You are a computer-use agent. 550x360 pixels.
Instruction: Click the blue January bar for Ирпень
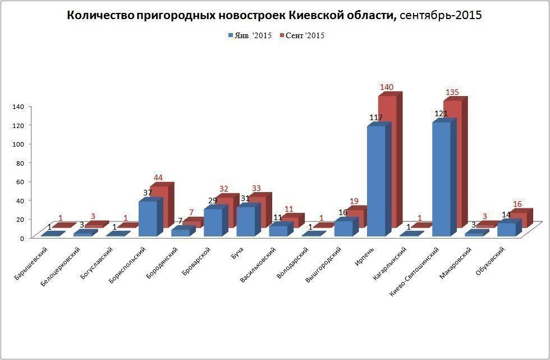pos(375,180)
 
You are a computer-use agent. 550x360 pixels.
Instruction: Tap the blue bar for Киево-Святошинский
pos(441,179)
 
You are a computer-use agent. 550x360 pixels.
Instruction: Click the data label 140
pos(386,87)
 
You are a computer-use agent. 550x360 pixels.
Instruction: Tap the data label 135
pos(452,92)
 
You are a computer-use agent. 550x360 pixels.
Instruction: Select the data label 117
pos(375,117)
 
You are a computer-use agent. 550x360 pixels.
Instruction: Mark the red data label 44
pos(158,178)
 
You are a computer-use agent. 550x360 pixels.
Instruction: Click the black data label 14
pos(506,215)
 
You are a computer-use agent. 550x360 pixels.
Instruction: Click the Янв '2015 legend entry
pos(250,36)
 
